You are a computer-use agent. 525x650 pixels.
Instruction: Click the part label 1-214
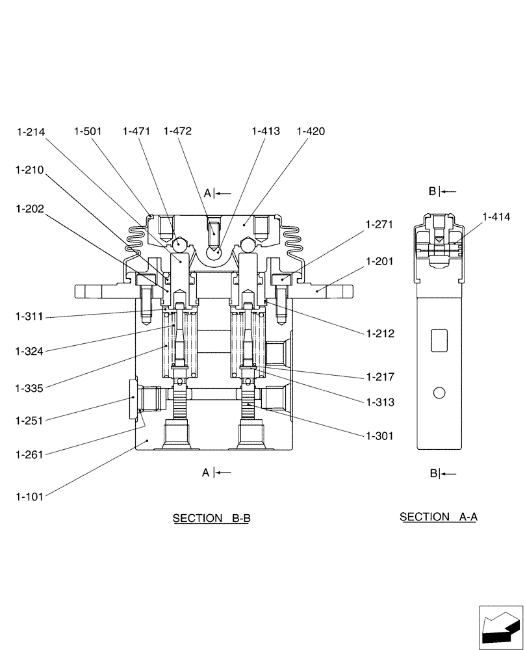(31, 132)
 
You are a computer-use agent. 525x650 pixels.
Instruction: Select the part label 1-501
(88, 131)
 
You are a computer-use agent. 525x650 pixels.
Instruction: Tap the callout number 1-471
(136, 131)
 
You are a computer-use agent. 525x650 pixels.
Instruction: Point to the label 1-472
(177, 131)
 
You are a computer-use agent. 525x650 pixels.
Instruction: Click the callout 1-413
(266, 131)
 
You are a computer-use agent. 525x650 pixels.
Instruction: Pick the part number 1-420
(310, 131)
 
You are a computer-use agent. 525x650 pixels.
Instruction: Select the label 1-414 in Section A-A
(496, 217)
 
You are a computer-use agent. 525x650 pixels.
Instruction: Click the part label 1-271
(379, 224)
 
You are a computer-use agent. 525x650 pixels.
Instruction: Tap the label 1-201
(379, 261)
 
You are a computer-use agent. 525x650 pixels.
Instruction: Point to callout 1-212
(379, 334)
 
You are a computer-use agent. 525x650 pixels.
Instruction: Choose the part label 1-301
(379, 436)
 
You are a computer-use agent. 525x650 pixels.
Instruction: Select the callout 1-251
(29, 421)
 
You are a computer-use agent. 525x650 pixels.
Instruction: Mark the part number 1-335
(29, 389)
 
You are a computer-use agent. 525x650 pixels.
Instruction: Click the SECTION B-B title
(211, 518)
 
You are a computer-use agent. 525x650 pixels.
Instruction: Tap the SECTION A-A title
(439, 517)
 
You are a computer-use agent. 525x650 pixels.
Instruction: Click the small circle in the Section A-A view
(439, 393)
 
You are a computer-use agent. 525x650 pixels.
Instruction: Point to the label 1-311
(29, 317)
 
